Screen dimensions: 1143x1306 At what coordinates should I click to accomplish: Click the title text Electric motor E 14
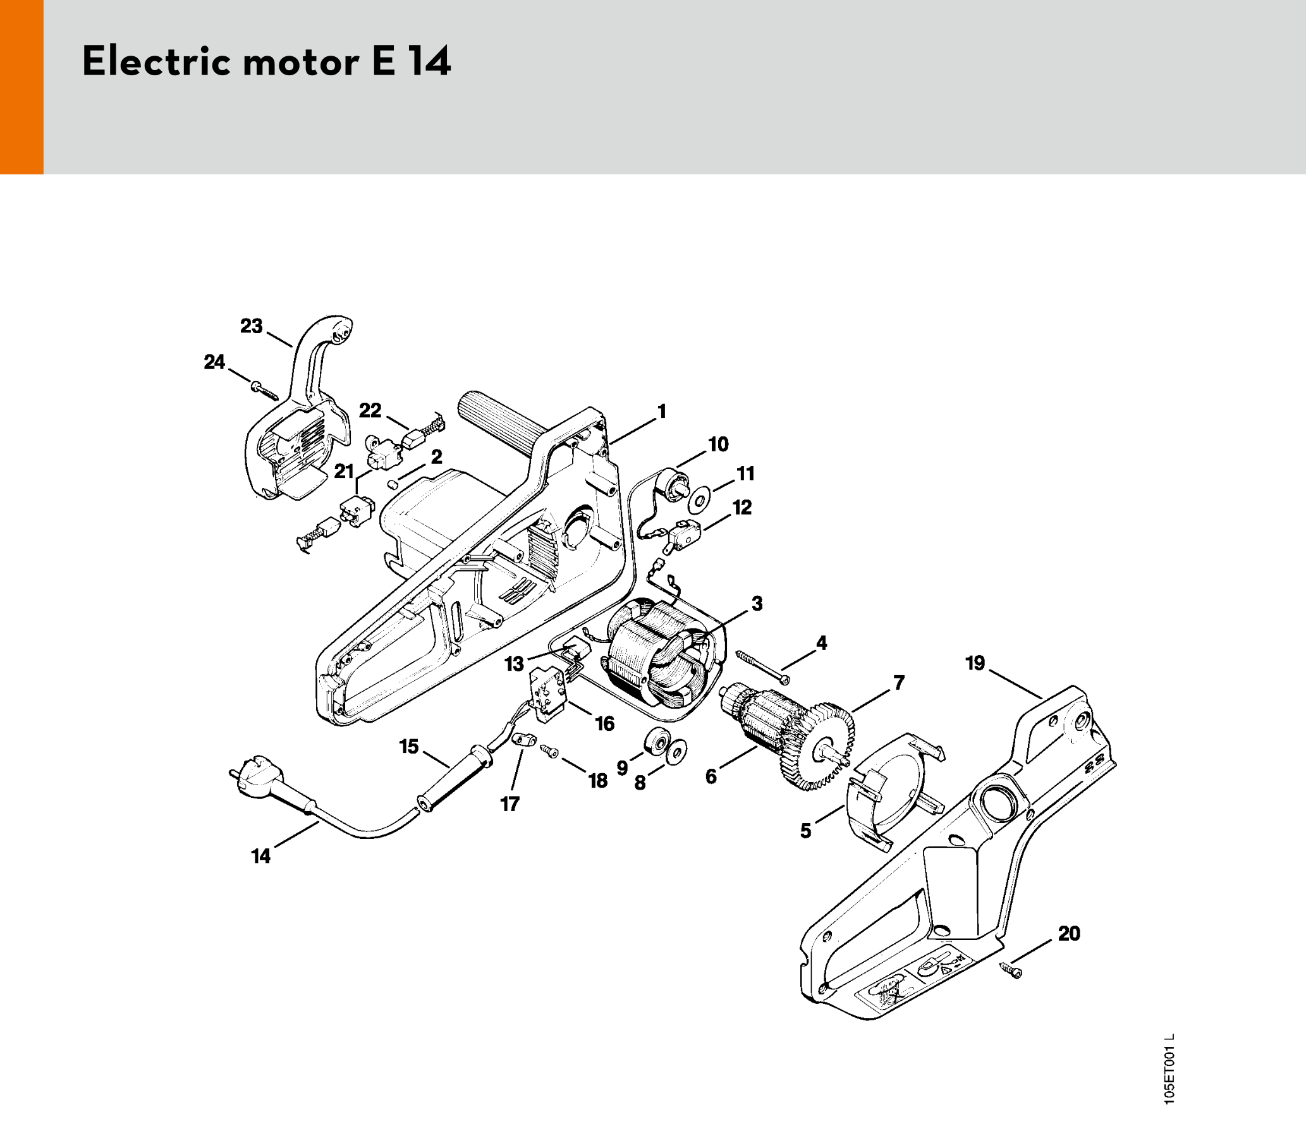[x=266, y=63]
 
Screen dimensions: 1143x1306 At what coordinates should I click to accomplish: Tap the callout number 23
[x=251, y=326]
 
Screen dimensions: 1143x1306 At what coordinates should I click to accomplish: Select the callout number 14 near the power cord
[x=261, y=856]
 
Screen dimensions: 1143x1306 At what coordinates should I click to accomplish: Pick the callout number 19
[x=975, y=663]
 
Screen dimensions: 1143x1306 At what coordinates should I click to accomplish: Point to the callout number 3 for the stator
[x=757, y=603]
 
